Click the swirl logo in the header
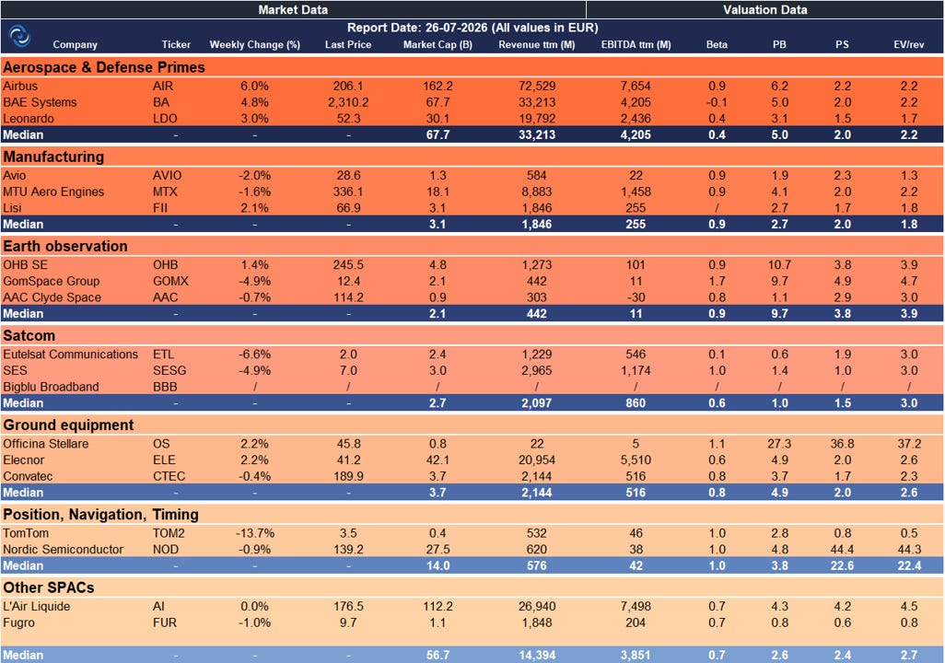point(20,36)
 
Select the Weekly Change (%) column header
point(254,44)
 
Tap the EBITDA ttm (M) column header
point(636,44)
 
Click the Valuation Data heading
point(764,9)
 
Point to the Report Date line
point(472,28)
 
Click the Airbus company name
point(20,87)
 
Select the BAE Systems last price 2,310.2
point(348,102)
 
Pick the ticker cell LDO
point(165,119)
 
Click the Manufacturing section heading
point(53,157)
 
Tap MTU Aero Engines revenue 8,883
point(536,192)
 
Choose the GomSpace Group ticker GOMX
point(170,281)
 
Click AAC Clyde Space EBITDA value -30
point(636,297)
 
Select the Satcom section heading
point(29,336)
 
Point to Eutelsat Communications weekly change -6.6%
point(254,355)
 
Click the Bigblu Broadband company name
point(51,387)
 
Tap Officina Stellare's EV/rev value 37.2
point(909,444)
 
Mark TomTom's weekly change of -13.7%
point(254,533)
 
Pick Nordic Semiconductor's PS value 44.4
point(842,550)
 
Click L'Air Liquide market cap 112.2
point(437,606)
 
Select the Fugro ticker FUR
point(165,622)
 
